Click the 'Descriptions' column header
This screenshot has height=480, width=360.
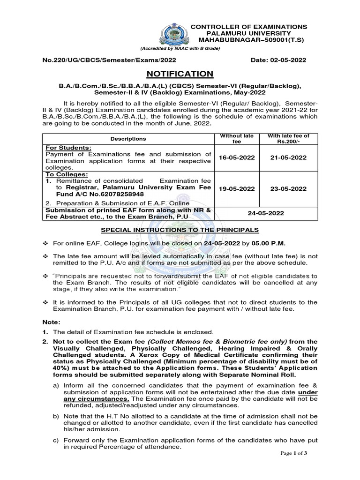128,139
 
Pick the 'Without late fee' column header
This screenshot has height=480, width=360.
237,139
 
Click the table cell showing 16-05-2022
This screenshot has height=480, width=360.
237,157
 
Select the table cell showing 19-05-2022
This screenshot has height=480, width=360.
237,189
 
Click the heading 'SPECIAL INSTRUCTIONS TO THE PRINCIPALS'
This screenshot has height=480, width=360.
180,230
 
